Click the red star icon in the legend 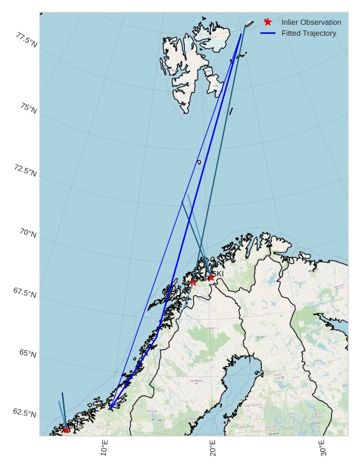pos(268,22)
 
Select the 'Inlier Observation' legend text pos(311,23)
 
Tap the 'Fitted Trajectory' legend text pos(308,33)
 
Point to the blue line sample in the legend pos(268,33)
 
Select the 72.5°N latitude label pos(25,171)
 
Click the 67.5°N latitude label pos(25,293)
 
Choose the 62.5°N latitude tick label pos(25,413)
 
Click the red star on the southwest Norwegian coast pos(66,429)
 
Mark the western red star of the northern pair pos(194,282)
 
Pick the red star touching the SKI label pos(211,278)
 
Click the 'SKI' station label pos(218,274)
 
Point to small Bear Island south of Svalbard pos(199,162)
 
